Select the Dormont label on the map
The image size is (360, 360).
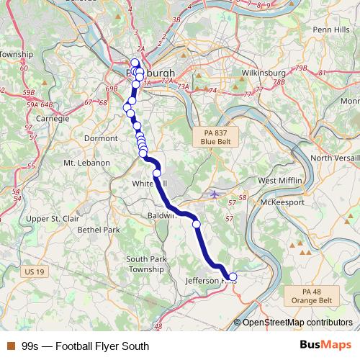(101, 138)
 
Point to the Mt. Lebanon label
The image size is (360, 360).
(86, 163)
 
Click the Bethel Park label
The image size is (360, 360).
(99, 230)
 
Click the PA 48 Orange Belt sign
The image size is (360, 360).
(312, 294)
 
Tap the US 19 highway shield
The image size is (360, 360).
(34, 271)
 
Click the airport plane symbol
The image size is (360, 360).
(214, 193)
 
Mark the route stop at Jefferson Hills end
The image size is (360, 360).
(232, 276)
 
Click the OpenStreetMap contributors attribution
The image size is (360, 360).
(297, 323)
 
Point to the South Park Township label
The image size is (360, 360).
(146, 264)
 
